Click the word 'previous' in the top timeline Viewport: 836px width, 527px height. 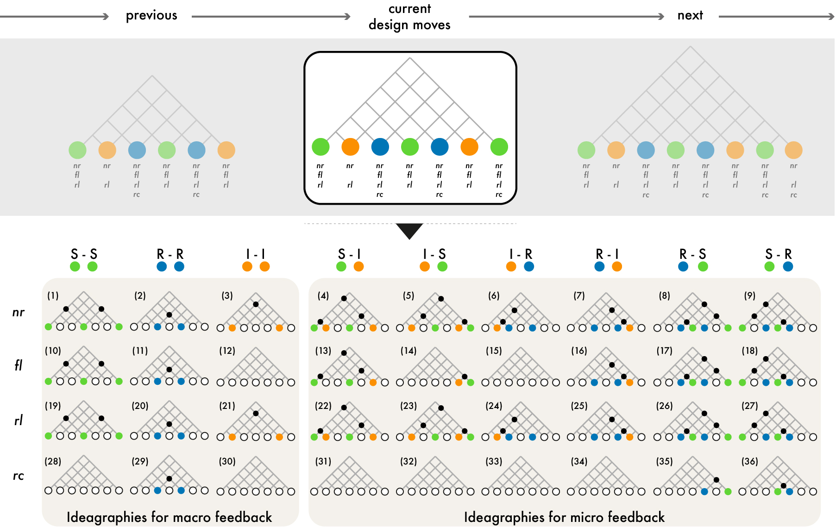coord(151,16)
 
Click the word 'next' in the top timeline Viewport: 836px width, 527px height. coord(690,16)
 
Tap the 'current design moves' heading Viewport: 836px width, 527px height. coord(409,17)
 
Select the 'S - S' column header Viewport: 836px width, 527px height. coord(84,254)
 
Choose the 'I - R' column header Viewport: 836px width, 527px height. coord(521,254)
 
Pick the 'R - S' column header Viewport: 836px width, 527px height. coord(692,254)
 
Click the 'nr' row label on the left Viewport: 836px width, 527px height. coord(18,313)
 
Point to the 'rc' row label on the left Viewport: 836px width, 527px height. coord(18,476)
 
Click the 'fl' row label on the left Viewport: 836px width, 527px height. coord(18,365)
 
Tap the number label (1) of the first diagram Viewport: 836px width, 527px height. coord(53,295)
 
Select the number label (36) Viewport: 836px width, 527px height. coord(749,461)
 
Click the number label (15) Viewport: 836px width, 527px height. coord(494,351)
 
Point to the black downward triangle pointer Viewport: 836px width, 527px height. coord(409,230)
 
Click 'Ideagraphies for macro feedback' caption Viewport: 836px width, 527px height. coord(169,517)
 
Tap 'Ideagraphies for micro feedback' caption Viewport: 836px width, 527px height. coord(564,517)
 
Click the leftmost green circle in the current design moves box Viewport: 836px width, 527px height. coord(321,147)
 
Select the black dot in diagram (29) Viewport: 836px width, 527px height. coord(169,479)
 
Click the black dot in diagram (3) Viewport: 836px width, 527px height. coord(256,304)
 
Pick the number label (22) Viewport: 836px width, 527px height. coord(323,406)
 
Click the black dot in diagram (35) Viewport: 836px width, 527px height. coord(717,480)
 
